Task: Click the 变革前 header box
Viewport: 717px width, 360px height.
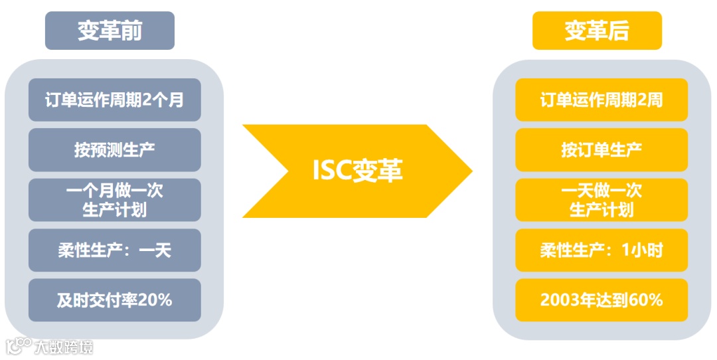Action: (110, 31)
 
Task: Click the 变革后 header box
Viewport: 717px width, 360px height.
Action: (597, 31)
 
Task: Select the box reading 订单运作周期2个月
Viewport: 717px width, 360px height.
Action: (114, 100)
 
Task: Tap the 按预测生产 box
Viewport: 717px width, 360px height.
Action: (114, 149)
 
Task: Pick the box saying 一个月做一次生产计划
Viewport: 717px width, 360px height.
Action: (114, 200)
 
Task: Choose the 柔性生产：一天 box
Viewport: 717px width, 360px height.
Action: (114, 250)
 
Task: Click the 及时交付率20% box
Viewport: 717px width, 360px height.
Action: (114, 300)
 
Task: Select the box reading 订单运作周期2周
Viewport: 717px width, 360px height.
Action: (601, 100)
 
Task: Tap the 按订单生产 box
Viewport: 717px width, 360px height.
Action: (601, 149)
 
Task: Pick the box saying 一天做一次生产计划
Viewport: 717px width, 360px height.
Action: (601, 200)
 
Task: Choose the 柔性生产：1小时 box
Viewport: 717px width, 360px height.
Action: (601, 250)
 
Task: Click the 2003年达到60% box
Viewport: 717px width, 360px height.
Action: (601, 300)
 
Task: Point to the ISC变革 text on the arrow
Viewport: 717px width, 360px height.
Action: (357, 171)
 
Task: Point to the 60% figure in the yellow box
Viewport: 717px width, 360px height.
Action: (646, 300)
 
